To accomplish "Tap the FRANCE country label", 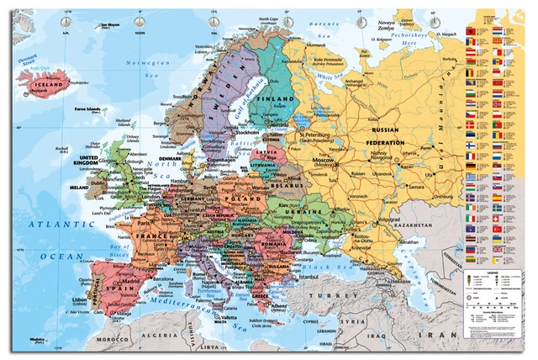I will (x=136, y=237).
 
